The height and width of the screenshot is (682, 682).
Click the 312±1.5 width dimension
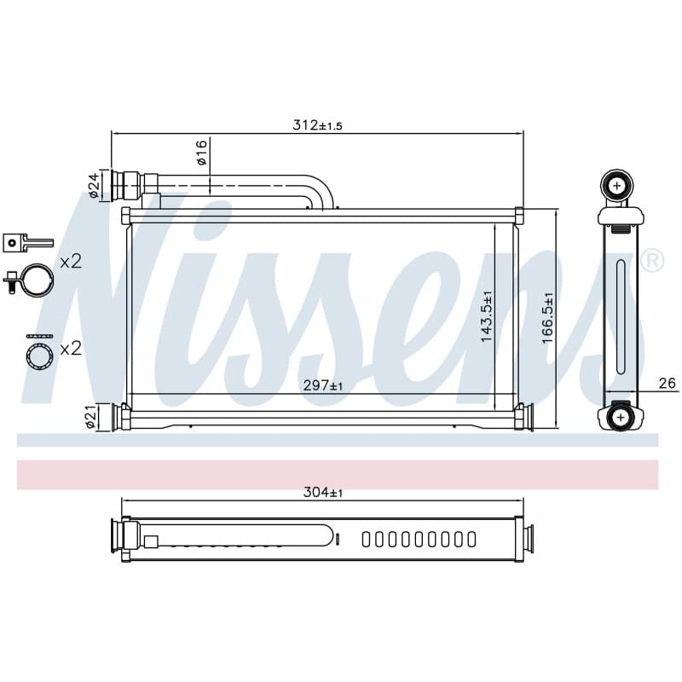(x=317, y=125)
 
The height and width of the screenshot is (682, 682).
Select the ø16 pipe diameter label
(x=202, y=153)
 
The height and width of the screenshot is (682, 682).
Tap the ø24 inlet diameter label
(x=95, y=186)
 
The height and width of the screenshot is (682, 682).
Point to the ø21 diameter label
(x=90, y=417)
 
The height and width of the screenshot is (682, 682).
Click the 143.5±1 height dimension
(x=487, y=316)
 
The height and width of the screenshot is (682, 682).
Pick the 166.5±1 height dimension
(x=548, y=318)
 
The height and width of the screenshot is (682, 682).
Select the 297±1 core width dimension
(x=323, y=385)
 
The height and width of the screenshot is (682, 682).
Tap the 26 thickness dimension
(x=668, y=383)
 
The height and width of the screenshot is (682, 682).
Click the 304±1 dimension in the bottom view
(x=323, y=493)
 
